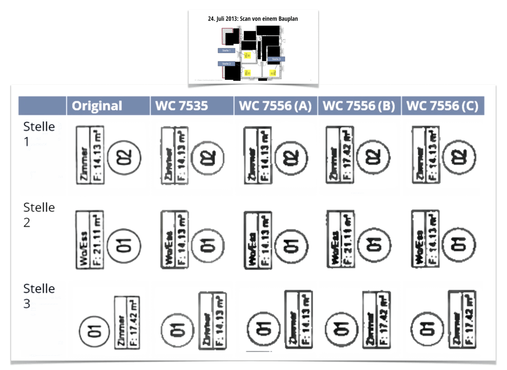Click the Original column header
tap(97, 106)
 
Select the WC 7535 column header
tap(181, 106)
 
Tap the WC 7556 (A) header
tap(275, 106)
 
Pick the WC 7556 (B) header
tap(359, 106)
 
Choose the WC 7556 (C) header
tap(443, 106)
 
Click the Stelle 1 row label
tap(39, 134)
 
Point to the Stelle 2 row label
tap(39, 215)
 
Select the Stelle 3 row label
tap(39, 296)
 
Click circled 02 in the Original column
tap(124, 158)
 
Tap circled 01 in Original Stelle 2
tap(124, 246)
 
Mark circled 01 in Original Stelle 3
tap(94, 331)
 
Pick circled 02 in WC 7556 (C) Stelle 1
tap(459, 158)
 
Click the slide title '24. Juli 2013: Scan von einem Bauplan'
tap(253, 19)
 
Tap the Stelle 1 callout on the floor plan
tap(226, 50)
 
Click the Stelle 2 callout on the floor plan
tap(226, 64)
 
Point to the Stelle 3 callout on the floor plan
tap(276, 59)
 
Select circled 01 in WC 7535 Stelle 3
tap(177, 330)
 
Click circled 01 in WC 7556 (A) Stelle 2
tap(291, 246)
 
